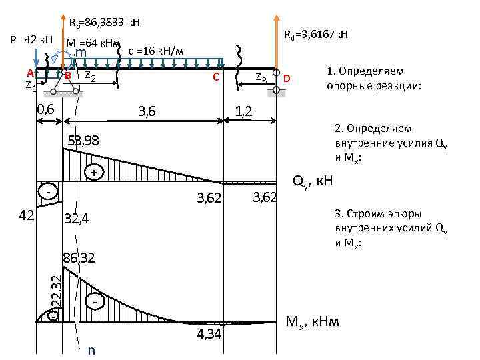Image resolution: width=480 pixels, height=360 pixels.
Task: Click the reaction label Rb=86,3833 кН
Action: pyautogui.click(x=105, y=23)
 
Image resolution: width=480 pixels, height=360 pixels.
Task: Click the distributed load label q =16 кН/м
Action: pyautogui.click(x=151, y=50)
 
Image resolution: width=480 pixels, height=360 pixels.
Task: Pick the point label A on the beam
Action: pyautogui.click(x=31, y=72)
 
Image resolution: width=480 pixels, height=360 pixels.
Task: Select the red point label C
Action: pyautogui.click(x=215, y=77)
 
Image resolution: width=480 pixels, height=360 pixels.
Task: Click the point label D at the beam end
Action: pyautogui.click(x=287, y=79)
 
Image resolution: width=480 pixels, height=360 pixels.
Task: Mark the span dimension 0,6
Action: pyautogui.click(x=46, y=109)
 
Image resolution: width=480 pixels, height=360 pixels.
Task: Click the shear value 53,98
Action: pyautogui.click(x=84, y=140)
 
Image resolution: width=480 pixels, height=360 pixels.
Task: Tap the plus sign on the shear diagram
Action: pyautogui.click(x=95, y=173)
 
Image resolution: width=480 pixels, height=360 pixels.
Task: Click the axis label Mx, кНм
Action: pyautogui.click(x=312, y=322)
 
